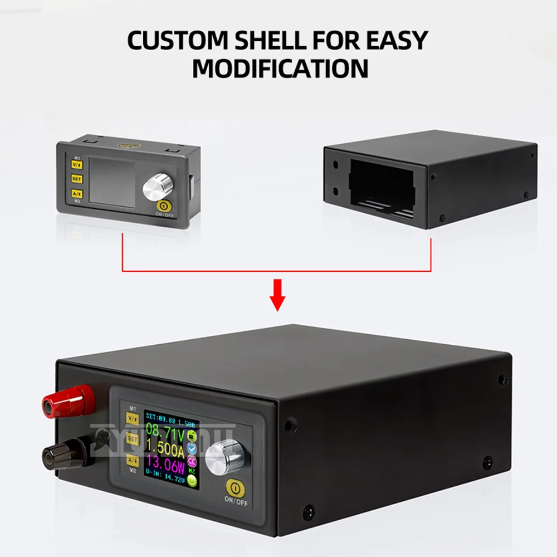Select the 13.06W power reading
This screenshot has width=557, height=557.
coord(165,464)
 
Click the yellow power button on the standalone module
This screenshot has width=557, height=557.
coord(164,206)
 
